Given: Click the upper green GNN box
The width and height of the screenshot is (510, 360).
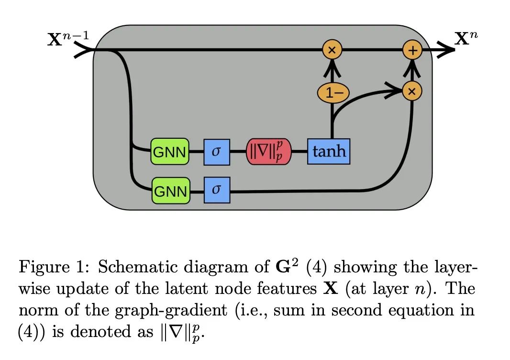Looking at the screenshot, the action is pyautogui.click(x=170, y=151).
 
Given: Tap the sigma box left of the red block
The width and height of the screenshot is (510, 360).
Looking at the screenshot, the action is pyautogui.click(x=217, y=152).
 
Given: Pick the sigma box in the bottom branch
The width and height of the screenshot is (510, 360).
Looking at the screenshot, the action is pyautogui.click(x=217, y=190).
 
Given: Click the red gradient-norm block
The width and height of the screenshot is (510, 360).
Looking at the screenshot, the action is pyautogui.click(x=269, y=152).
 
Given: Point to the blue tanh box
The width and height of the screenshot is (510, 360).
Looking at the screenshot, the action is pyautogui.click(x=329, y=151).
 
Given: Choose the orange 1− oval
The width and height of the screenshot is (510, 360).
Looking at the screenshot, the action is pyautogui.click(x=333, y=93).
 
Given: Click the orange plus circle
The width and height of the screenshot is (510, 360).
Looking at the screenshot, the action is pyautogui.click(x=412, y=50).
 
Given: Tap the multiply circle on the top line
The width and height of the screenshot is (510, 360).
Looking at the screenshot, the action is pyautogui.click(x=332, y=50).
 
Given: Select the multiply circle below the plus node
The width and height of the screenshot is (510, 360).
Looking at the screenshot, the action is pyautogui.click(x=412, y=91).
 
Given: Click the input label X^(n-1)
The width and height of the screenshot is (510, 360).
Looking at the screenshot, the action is pyautogui.click(x=67, y=38).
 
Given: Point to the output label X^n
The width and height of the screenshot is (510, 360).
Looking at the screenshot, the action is pyautogui.click(x=466, y=38).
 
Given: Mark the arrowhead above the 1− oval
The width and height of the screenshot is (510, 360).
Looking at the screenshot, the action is pyautogui.click(x=332, y=69).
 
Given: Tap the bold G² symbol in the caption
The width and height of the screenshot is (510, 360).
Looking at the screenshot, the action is pyautogui.click(x=287, y=266).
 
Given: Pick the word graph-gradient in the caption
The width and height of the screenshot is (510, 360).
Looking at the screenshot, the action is pyautogui.click(x=171, y=310).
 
